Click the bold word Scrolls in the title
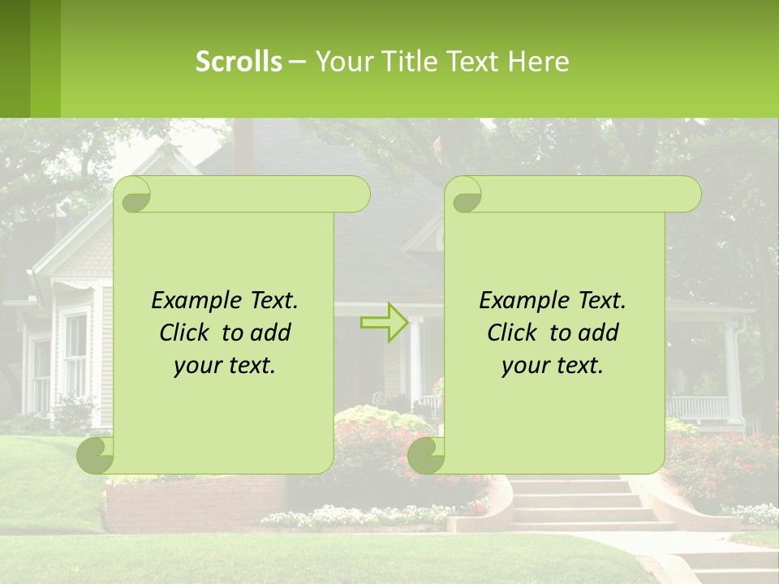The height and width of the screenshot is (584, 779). pos(239,62)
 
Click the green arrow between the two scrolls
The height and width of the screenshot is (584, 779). pos(384,323)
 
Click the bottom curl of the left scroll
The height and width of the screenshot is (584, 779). pos(96,456)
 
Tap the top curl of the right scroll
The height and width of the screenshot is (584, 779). pos(466,195)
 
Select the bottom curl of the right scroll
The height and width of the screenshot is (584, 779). pos(426,456)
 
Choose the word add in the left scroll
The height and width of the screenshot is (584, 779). pos(271,333)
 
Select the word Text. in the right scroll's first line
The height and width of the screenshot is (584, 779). pos(602,301)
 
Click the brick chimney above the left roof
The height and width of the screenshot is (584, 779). pos(243,142)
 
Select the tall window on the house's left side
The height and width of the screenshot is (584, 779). pos(75,354)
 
